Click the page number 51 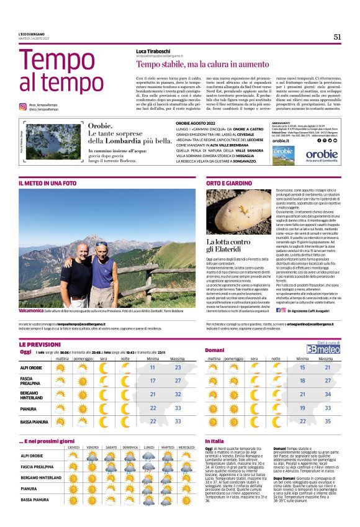click(337, 37)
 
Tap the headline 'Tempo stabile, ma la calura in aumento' click(195, 64)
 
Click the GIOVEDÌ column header click(74, 448)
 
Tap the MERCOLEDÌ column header click(186, 448)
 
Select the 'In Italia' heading click(215, 441)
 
